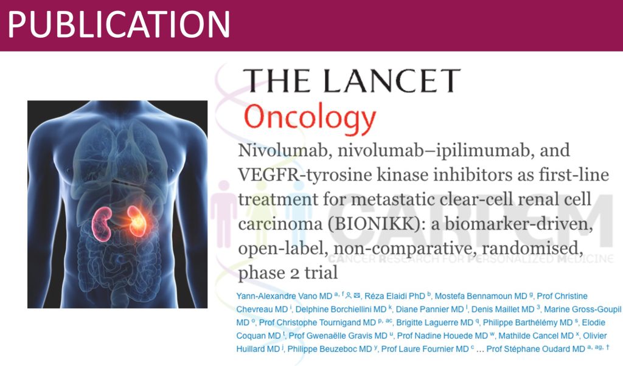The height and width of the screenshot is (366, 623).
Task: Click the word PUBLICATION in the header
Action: pyautogui.click(x=119, y=24)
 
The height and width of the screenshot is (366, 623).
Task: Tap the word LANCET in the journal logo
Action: pyautogui.click(x=392, y=81)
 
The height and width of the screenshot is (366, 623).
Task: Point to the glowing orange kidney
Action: pyautogui.click(x=137, y=220)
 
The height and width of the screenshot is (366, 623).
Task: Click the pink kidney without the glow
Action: pyautogui.click(x=102, y=224)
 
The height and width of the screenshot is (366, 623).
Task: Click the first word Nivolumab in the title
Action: pyautogui.click(x=282, y=150)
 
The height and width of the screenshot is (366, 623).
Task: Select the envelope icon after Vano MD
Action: pyautogui.click(x=357, y=295)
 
